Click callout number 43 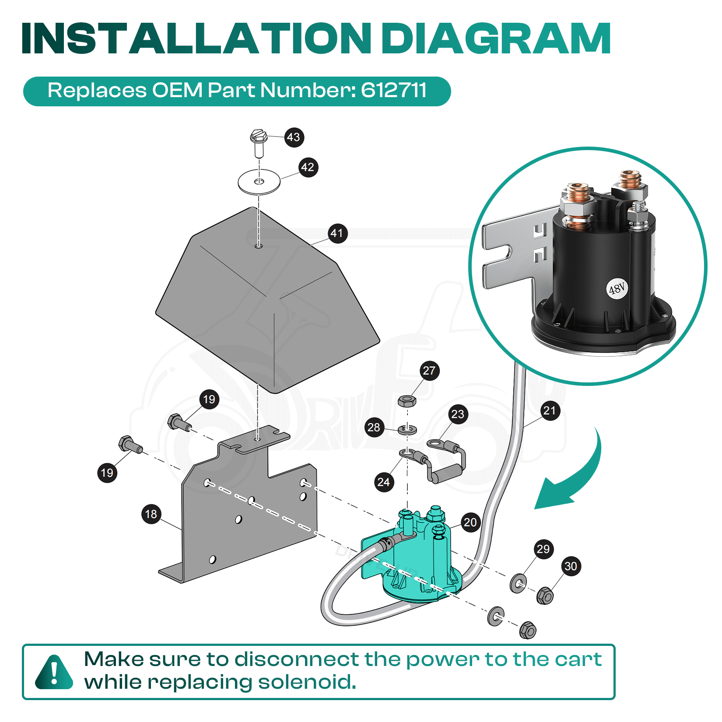(294, 137)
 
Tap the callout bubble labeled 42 (308, 167)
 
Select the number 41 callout (337, 233)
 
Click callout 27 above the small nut (429, 371)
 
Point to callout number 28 (374, 427)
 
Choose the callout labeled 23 (458, 414)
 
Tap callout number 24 (384, 482)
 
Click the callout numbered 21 (550, 410)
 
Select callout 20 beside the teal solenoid (470, 522)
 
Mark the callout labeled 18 (151, 514)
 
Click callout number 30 (571, 566)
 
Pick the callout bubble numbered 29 (543, 549)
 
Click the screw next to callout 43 (259, 143)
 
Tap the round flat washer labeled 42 (259, 181)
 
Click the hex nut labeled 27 (407, 401)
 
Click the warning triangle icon (54, 672)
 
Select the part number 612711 (394, 90)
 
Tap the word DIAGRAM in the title (496, 39)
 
